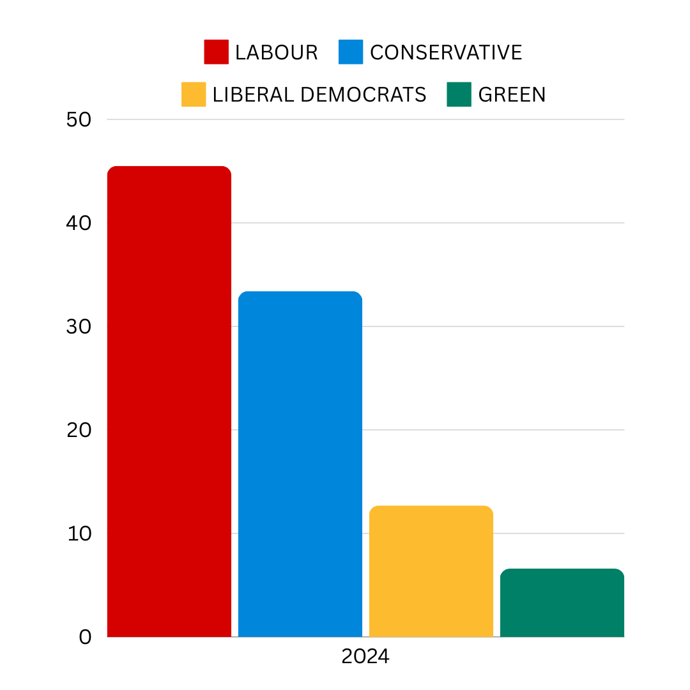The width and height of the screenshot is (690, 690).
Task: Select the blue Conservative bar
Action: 300,464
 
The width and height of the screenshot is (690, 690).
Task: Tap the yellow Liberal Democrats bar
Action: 431,571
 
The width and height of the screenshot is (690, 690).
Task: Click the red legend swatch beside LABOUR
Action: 216,52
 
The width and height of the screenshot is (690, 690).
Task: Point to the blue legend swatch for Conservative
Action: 351,52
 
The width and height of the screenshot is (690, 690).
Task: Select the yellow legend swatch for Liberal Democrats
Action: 194,95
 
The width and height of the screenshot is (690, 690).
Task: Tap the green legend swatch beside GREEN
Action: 459,95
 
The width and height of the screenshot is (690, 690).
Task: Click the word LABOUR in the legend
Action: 276,52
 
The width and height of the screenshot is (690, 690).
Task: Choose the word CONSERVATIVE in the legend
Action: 446,52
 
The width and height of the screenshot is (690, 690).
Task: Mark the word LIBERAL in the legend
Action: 253,95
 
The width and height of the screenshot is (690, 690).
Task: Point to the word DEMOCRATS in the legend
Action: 363,95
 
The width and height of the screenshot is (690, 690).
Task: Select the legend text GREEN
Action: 512,95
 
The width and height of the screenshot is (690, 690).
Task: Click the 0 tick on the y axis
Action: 85,637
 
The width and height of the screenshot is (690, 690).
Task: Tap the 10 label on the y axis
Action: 79,533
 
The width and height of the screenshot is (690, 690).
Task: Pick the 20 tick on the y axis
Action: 79,430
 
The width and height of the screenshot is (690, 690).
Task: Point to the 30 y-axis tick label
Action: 79,326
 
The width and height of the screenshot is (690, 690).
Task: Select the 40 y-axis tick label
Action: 79,223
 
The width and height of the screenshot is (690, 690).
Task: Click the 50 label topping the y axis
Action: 79,119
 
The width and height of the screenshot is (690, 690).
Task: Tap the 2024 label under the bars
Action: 365,657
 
